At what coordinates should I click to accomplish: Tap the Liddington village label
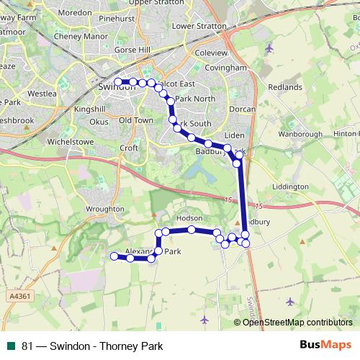pos(290,186)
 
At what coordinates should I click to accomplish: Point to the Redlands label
pos(285,87)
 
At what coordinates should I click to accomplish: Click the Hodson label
pos(190,217)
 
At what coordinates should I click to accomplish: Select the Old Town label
pos(136,120)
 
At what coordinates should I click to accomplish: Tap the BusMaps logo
pos(326,344)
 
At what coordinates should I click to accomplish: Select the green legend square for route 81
pos(11,345)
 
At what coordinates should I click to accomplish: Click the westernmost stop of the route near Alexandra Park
pos(114,256)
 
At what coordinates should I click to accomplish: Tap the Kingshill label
pos(90,109)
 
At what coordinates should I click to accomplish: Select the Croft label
pos(129,148)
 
